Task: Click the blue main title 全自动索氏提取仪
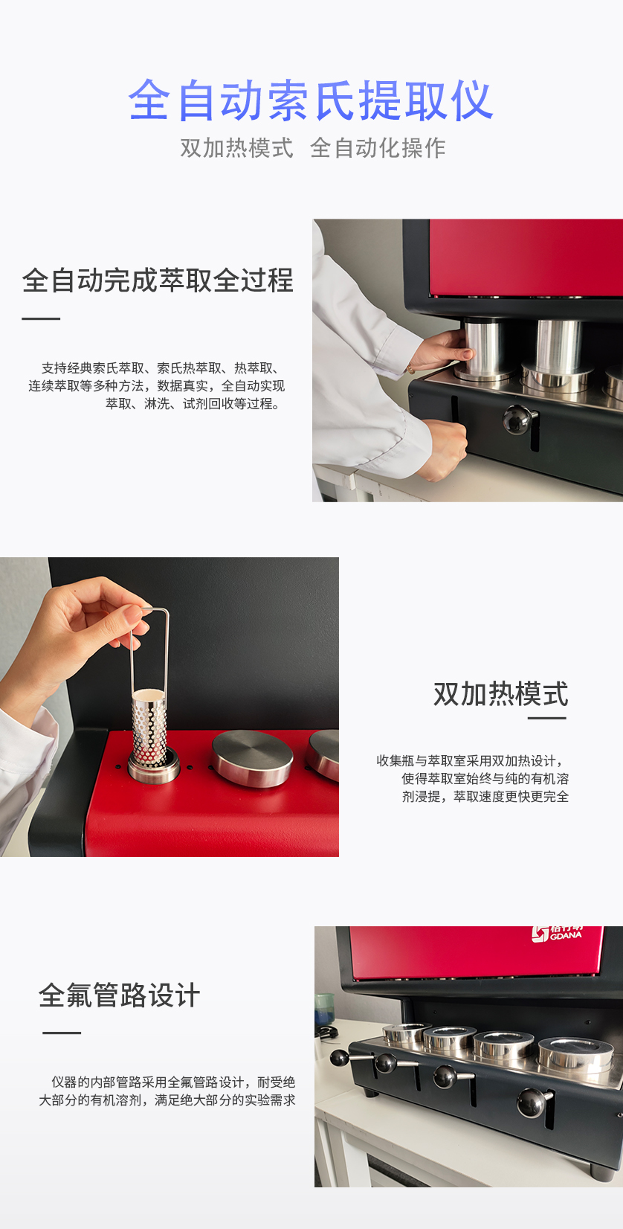pyautogui.click(x=311, y=100)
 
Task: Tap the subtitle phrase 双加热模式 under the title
pyautogui.click(x=237, y=148)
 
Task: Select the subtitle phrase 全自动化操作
pyautogui.click(x=378, y=148)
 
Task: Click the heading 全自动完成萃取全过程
pyautogui.click(x=158, y=280)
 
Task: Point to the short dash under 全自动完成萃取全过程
pyautogui.click(x=41, y=318)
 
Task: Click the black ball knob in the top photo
pyautogui.click(x=517, y=419)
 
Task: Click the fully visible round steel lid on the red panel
pyautogui.click(x=252, y=757)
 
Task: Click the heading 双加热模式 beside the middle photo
pyautogui.click(x=500, y=694)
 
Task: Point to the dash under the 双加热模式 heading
pyautogui.click(x=547, y=718)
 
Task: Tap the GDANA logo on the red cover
pyautogui.click(x=557, y=934)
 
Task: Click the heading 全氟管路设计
pyautogui.click(x=119, y=995)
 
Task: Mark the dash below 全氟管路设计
pyautogui.click(x=62, y=1033)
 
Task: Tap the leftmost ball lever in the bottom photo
pyautogui.click(x=340, y=1057)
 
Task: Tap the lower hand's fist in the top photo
pyautogui.click(x=445, y=450)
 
